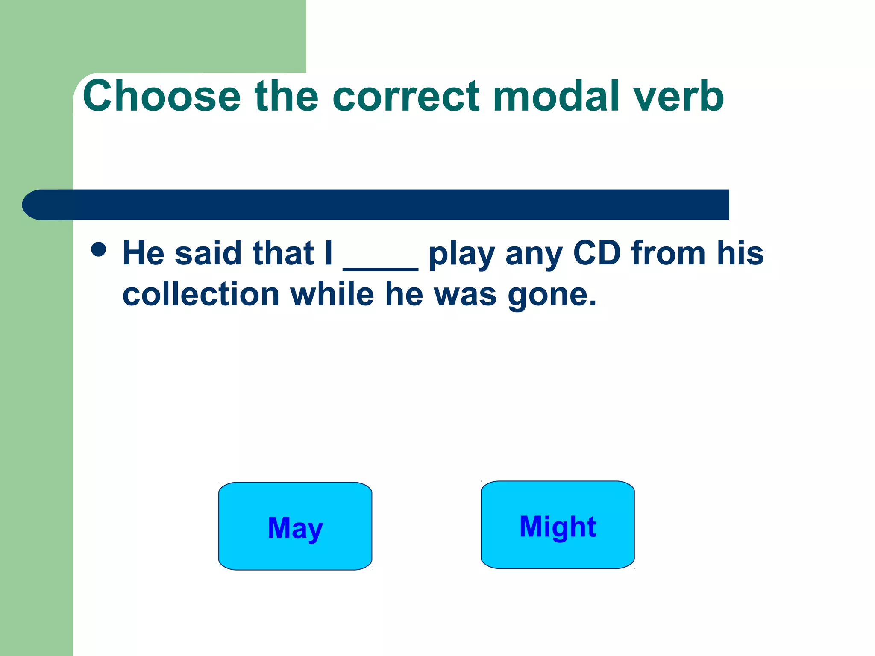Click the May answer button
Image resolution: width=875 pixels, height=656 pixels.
295,527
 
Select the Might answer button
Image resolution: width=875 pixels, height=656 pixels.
558,525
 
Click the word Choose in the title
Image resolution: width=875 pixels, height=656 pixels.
162,96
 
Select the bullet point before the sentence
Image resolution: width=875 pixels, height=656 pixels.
99,249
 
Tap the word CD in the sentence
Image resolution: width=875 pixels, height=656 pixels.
596,253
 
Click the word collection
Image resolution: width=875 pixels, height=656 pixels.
201,294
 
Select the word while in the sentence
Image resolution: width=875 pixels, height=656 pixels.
332,294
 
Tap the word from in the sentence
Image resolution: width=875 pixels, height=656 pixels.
668,253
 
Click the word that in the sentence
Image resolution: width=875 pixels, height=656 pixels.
283,253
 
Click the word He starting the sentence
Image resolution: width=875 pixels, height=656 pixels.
144,253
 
